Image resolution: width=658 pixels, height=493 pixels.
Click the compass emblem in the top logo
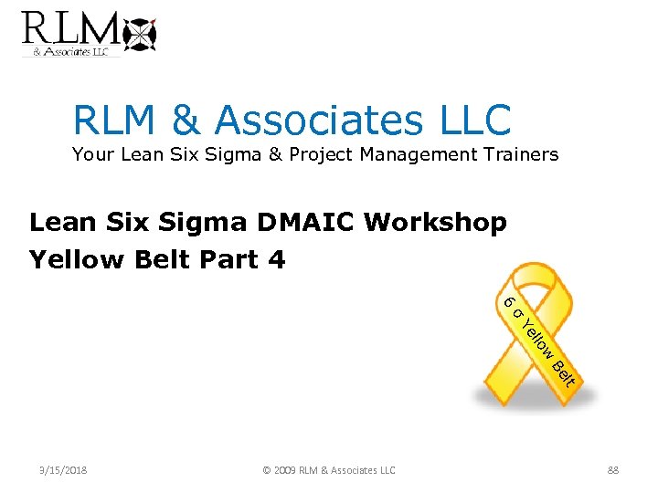[x=140, y=34]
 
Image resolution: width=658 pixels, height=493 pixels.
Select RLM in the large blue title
[x=114, y=120]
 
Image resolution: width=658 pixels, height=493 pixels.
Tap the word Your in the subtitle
[x=92, y=154]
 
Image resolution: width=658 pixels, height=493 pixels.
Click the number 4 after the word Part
[x=277, y=259]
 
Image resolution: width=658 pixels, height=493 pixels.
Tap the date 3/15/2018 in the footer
[x=63, y=470]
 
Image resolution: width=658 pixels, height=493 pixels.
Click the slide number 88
[x=613, y=470]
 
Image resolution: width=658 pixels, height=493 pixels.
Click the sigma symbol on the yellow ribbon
[x=517, y=315]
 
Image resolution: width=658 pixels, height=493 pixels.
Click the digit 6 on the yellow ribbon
[x=509, y=302]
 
